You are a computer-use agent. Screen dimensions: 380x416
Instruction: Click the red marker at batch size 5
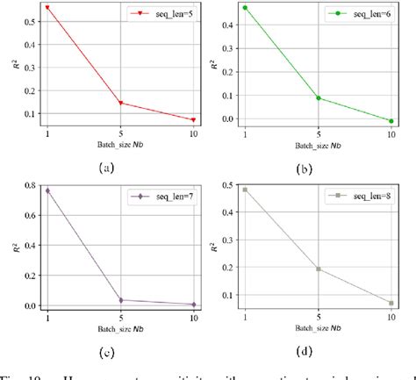(120, 104)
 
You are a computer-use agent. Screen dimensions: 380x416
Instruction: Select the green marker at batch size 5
(318, 98)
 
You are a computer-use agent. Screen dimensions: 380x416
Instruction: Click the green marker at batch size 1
(244, 8)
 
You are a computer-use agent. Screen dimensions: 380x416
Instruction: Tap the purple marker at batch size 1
(47, 190)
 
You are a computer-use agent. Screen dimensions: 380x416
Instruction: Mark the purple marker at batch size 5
(120, 300)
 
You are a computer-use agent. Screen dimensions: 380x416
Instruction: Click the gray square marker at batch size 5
(318, 269)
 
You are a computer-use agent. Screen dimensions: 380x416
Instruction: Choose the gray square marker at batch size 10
(391, 303)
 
